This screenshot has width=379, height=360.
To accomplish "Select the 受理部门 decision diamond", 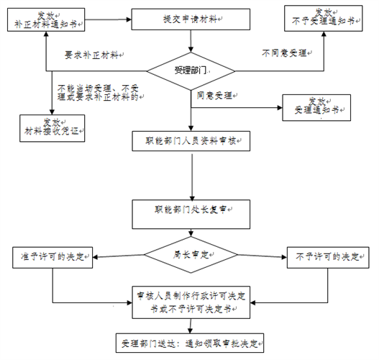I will (x=191, y=71).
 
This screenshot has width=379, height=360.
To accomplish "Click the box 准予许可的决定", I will (x=53, y=256).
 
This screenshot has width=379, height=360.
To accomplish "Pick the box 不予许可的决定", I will (x=328, y=256).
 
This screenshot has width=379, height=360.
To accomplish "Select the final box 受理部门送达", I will (x=191, y=341).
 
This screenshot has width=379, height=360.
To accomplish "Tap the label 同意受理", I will (x=215, y=94).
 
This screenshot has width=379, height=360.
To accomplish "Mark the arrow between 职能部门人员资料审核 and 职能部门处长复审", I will (x=191, y=176).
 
